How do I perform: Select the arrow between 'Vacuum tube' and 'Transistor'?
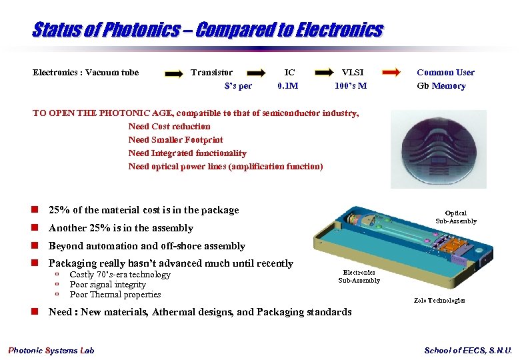pos(173,74)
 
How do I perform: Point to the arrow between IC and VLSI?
pos(324,73)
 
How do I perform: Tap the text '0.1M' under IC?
pos(287,86)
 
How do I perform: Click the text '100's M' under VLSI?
pos(351,86)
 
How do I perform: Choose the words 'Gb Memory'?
pos(441,86)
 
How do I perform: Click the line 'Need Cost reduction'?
pos(169,127)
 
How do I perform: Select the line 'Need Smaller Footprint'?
pos(175,140)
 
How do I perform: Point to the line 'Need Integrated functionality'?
pos(187,153)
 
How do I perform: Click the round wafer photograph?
pos(439,149)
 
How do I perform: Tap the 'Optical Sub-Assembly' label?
pos(456,217)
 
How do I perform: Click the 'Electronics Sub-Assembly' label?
pos(359,276)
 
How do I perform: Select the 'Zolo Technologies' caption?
pos(439,301)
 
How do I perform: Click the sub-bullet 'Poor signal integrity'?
pos(107,285)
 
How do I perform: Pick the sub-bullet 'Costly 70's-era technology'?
pos(120,275)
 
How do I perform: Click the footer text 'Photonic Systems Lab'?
pos(51,351)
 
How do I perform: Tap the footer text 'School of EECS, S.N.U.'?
pos(468,351)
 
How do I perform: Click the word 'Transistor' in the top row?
pos(212,73)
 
